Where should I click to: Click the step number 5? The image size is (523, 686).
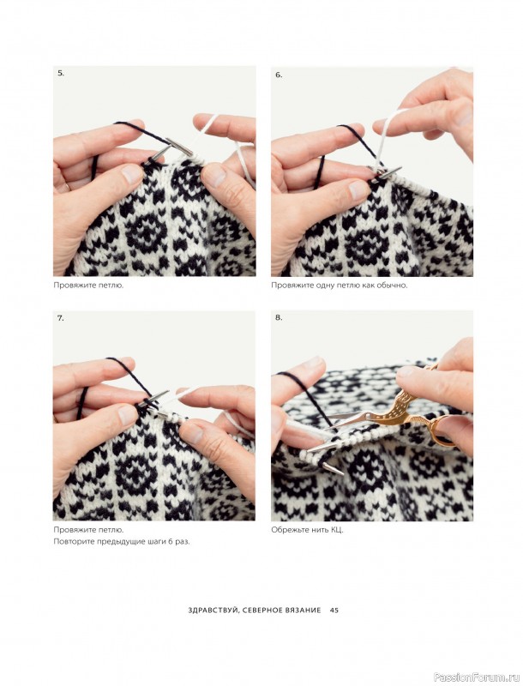(x=60, y=74)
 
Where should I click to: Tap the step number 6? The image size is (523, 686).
(x=279, y=75)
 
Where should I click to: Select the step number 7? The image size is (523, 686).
(x=60, y=318)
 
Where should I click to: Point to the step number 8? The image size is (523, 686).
(x=279, y=317)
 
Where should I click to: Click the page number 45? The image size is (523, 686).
(x=334, y=610)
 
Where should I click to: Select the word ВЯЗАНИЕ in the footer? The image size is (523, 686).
(x=304, y=610)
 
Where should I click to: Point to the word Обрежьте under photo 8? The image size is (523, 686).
(x=286, y=530)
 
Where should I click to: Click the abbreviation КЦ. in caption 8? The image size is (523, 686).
(x=337, y=530)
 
